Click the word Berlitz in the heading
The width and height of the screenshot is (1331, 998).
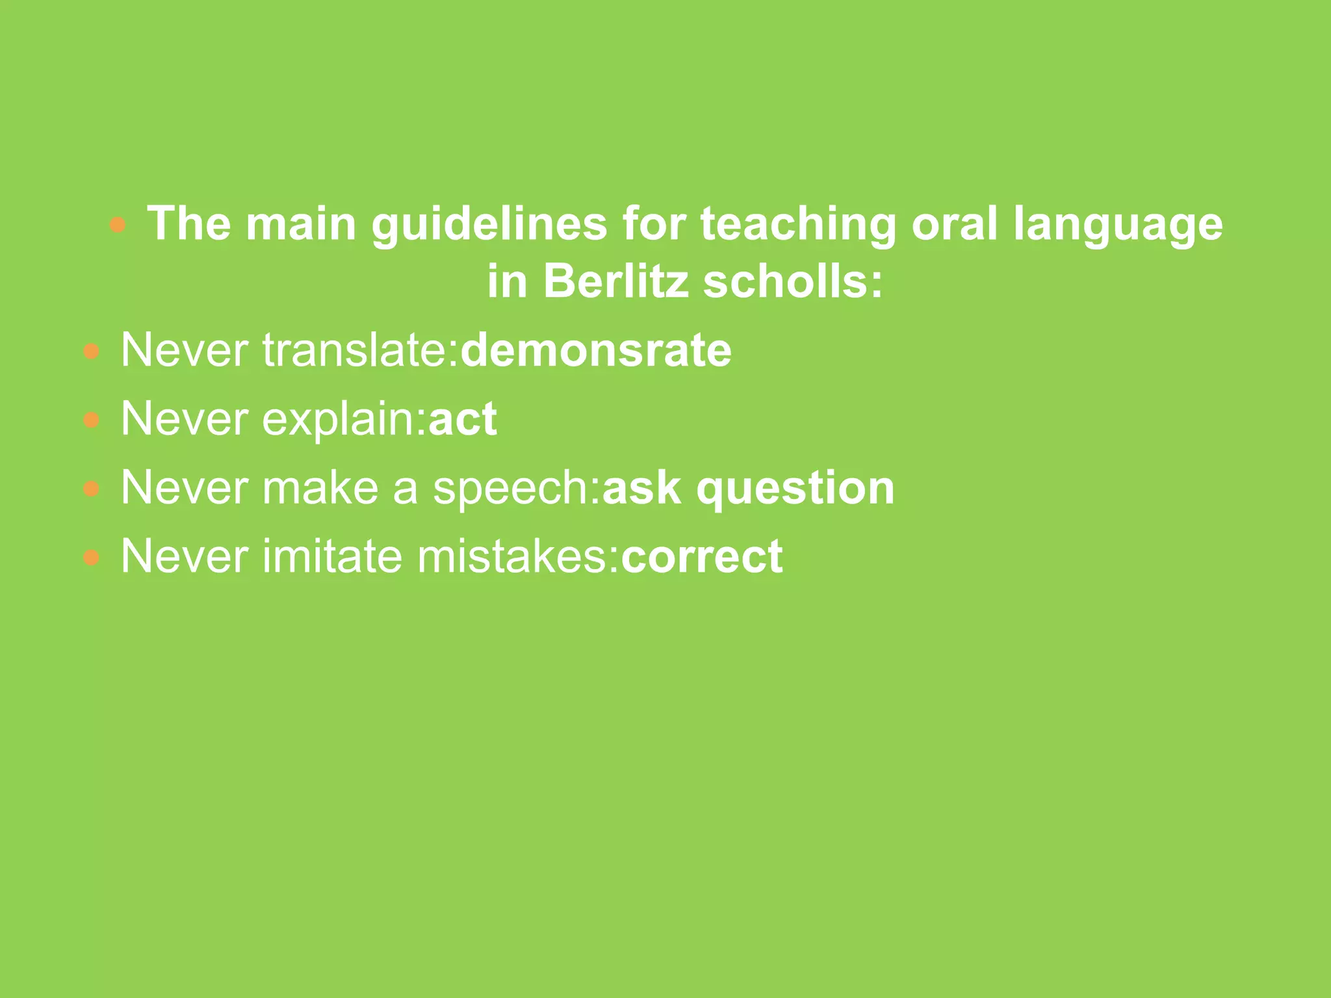(x=615, y=282)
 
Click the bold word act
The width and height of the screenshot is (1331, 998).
(x=463, y=419)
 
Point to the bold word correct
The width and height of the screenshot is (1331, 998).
(x=702, y=557)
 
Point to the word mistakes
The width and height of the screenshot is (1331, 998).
(x=517, y=557)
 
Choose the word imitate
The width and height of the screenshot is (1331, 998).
(x=332, y=557)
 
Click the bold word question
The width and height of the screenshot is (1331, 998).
(x=795, y=488)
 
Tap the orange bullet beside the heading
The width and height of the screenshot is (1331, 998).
(x=118, y=225)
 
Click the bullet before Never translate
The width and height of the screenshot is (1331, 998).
(x=92, y=352)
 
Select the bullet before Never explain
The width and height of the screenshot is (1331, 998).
(x=92, y=420)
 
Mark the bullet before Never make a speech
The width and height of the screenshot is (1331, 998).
(x=92, y=489)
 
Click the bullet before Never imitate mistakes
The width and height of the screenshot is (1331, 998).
(x=92, y=557)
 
